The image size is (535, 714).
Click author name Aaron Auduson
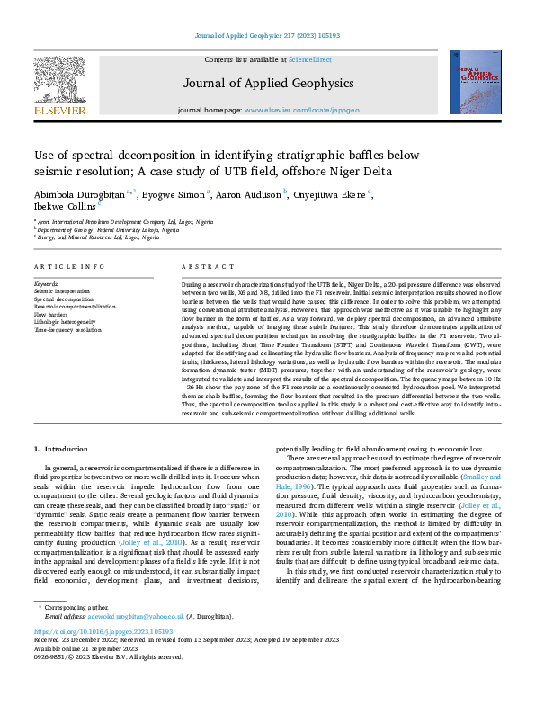click(x=249, y=192)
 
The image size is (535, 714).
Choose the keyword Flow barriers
click(x=52, y=315)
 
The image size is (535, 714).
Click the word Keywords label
click(x=46, y=282)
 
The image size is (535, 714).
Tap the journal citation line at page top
click(x=266, y=35)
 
